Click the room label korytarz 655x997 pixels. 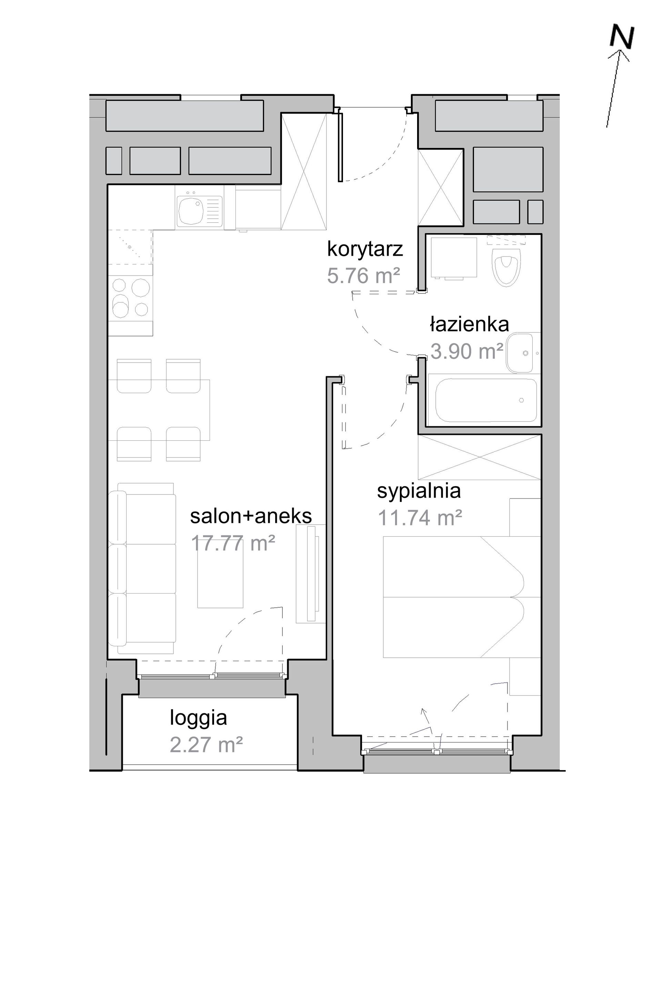(365, 249)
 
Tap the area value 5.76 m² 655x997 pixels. (363, 276)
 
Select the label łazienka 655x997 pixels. (470, 324)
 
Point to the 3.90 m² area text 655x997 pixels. (466, 351)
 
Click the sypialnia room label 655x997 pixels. (419, 491)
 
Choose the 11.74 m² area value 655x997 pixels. (420, 518)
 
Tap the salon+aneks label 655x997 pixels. (251, 516)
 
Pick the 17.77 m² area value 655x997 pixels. (233, 543)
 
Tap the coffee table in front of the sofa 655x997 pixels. (220, 580)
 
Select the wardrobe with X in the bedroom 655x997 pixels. (480, 457)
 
